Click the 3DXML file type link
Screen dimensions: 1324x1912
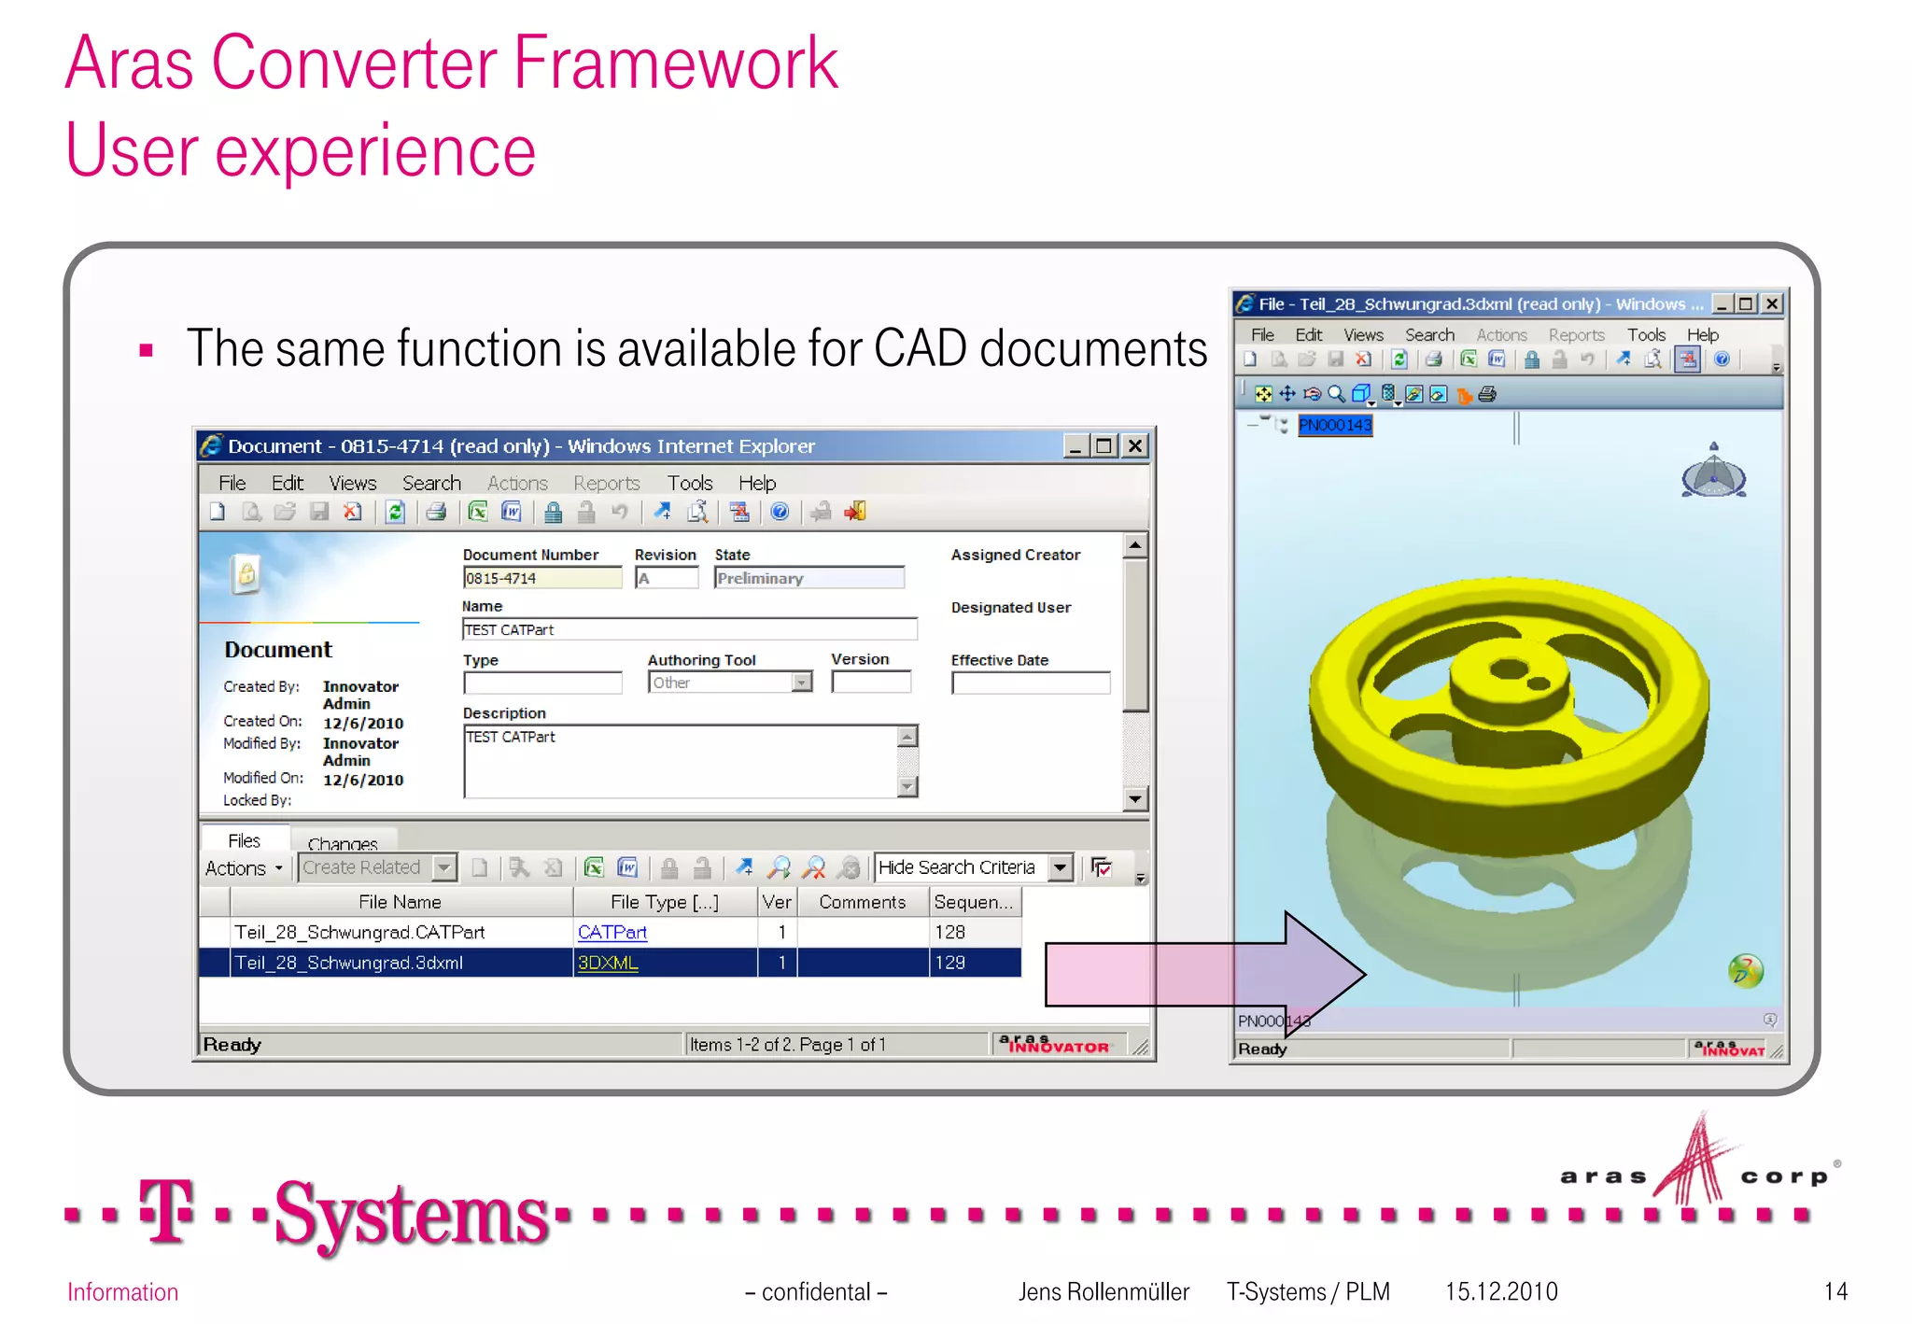point(608,963)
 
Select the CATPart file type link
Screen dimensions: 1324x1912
point(612,932)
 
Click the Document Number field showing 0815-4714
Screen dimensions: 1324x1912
point(541,579)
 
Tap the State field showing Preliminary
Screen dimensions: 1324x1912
point(808,579)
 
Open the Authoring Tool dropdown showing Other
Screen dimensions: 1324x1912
point(801,683)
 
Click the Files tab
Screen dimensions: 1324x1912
point(244,840)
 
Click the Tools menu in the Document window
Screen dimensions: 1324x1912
point(689,483)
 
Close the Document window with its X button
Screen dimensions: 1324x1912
point(1134,446)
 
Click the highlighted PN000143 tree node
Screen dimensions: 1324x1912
point(1335,426)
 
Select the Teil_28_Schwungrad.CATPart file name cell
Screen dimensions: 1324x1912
point(360,932)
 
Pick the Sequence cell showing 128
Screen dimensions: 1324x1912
point(950,932)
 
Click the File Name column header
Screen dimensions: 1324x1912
point(400,902)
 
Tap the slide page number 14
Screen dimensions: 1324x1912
point(1835,1291)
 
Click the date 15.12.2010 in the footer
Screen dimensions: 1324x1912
point(1501,1291)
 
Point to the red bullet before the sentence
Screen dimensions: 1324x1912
point(146,351)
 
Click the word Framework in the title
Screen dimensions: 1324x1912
point(676,63)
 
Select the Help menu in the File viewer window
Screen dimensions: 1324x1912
point(1702,334)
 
